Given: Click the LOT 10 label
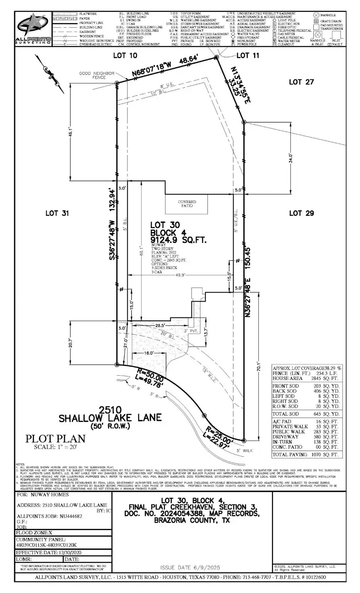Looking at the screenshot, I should click(x=125, y=56).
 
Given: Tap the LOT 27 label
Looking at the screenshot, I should click(x=301, y=82).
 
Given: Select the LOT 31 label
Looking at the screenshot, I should click(x=57, y=213).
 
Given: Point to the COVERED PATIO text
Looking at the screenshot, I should click(x=187, y=204).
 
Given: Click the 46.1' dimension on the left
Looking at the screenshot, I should click(x=70, y=132).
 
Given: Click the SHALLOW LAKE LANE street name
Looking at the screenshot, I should click(x=110, y=418).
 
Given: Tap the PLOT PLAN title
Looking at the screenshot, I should click(x=55, y=439).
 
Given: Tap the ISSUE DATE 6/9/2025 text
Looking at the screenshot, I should click(x=190, y=567).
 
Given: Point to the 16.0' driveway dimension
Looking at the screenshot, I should click(x=149, y=353).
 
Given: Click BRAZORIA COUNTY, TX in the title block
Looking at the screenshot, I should click(x=192, y=520).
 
